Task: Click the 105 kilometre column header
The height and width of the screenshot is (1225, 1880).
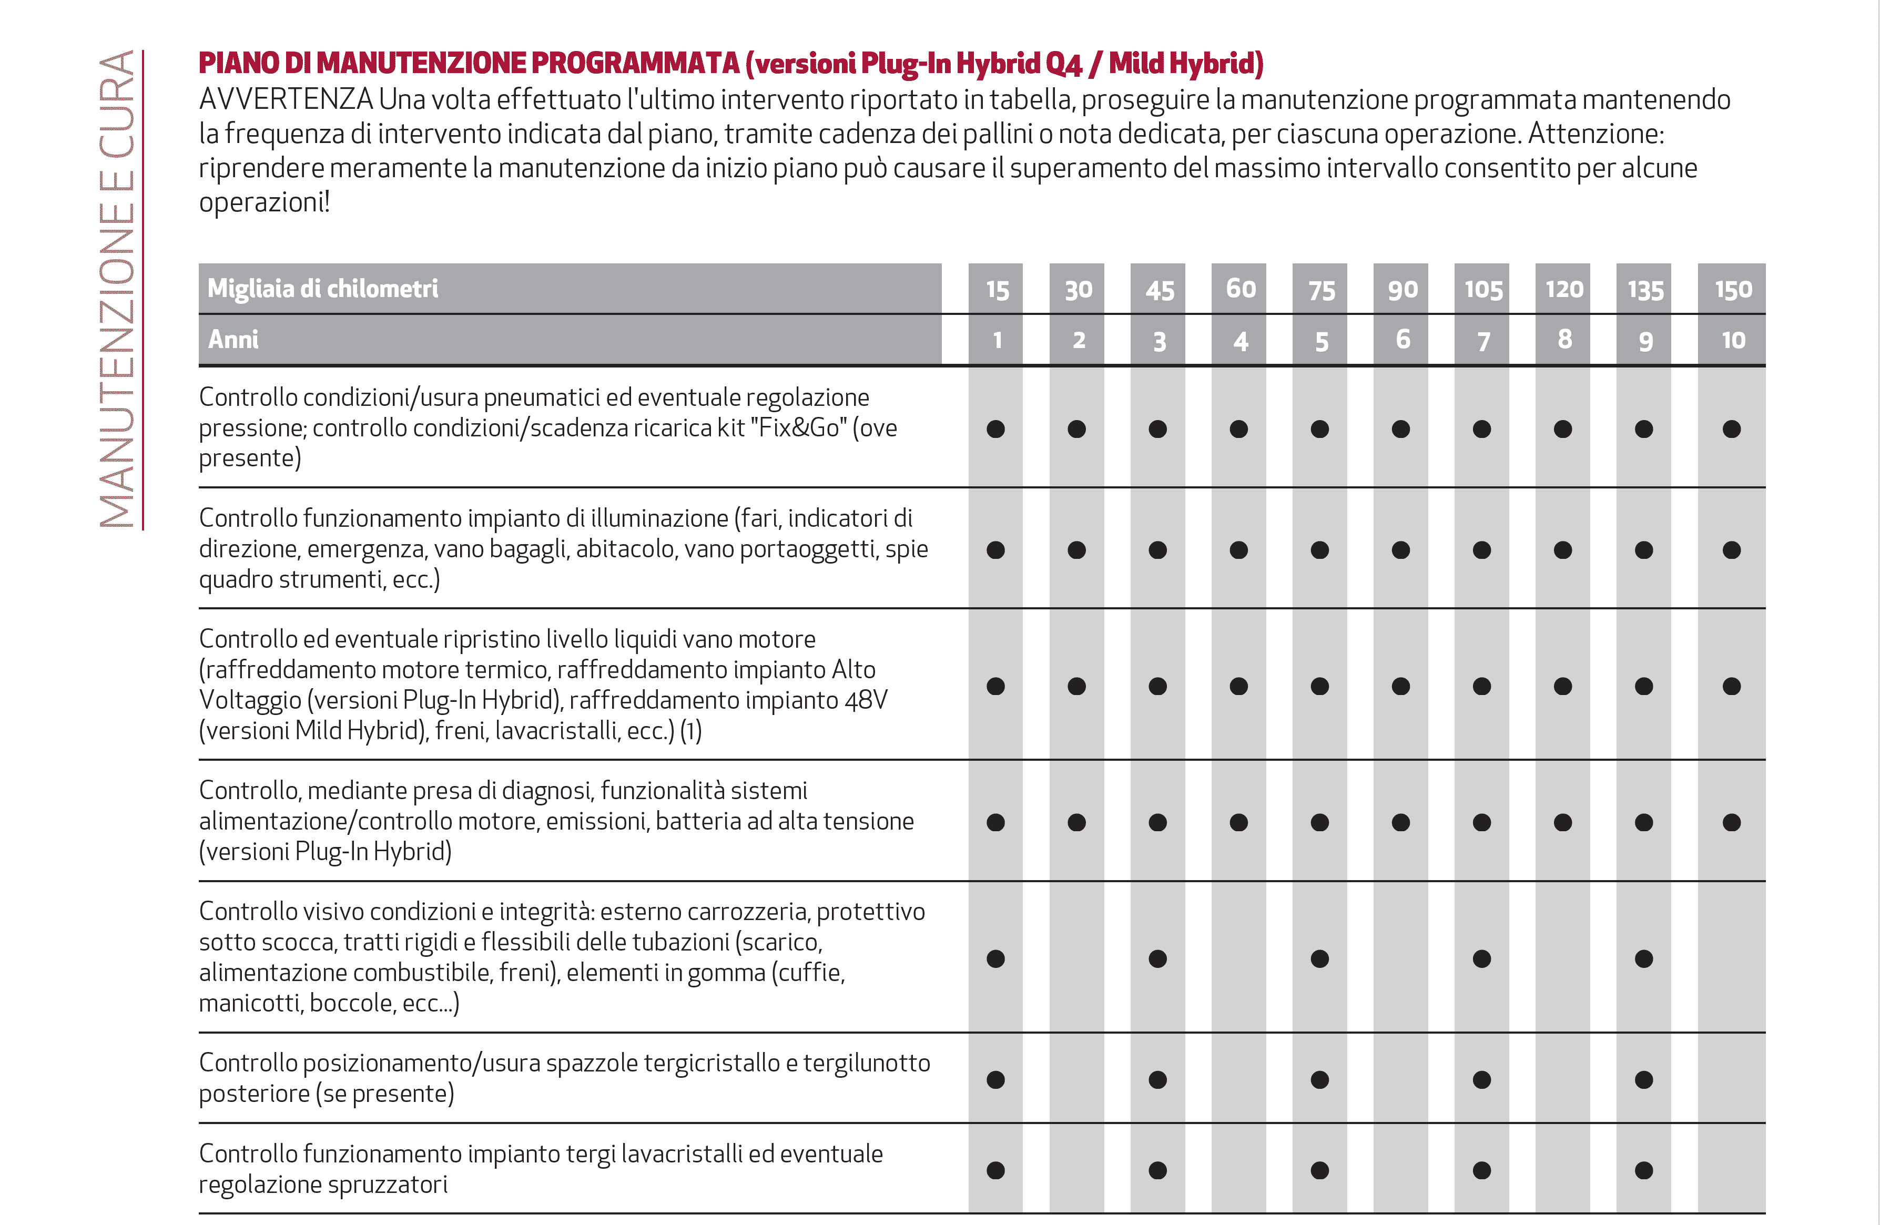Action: [x=1482, y=289]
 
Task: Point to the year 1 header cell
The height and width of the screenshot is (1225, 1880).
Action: [x=997, y=340]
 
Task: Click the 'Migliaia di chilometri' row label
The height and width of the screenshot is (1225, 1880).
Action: [x=322, y=288]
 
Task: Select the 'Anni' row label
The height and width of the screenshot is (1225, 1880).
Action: [x=233, y=340]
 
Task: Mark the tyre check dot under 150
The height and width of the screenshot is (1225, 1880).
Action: [x=1732, y=429]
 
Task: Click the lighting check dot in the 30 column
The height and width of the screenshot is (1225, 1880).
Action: [x=1076, y=550]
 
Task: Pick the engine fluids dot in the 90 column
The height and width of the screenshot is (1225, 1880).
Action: [x=1400, y=686]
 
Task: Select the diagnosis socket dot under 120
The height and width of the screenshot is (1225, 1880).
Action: [x=1562, y=822]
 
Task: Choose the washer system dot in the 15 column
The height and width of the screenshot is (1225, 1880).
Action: [x=995, y=1170]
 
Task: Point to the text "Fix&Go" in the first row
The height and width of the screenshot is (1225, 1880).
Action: [x=797, y=427]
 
